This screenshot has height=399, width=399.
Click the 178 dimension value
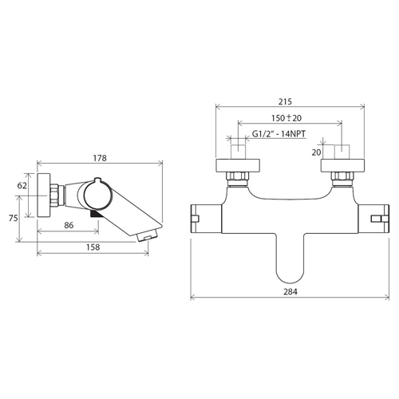[100, 158]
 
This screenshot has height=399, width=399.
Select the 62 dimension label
[22, 185]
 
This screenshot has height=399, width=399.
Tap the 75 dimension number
[14, 218]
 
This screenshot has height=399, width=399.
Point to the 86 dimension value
[69, 225]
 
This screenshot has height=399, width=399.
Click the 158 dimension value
[93, 247]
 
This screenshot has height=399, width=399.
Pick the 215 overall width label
[285, 101]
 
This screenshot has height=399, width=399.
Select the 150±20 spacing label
[286, 118]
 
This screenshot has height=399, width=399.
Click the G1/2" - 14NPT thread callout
[279, 134]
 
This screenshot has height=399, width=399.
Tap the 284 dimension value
[290, 292]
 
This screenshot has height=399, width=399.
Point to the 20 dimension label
[317, 152]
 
